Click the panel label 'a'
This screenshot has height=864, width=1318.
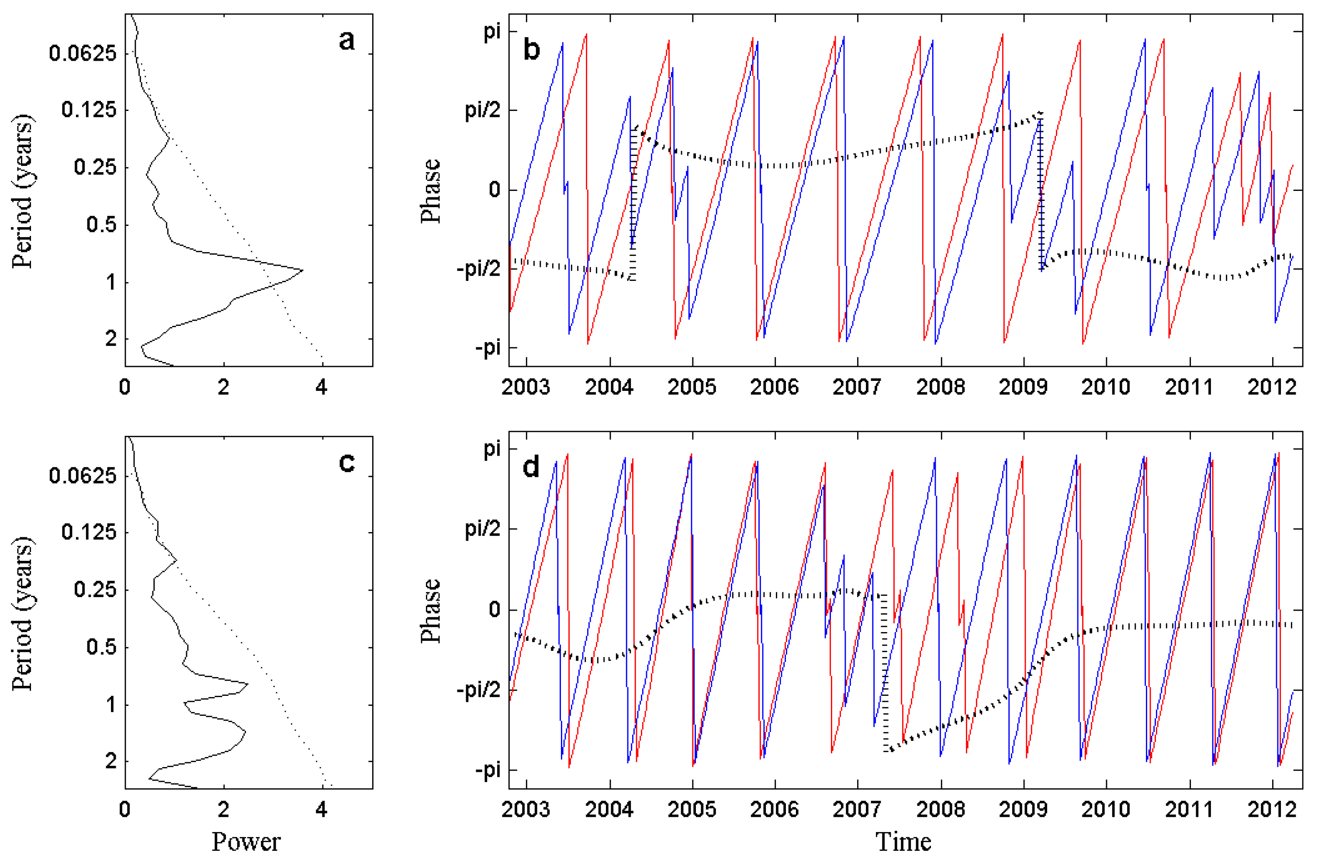(347, 41)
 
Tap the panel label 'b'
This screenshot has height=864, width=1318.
(531, 50)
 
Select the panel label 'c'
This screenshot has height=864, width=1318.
(347, 463)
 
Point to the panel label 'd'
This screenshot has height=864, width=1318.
(531, 468)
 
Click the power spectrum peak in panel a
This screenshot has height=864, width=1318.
(302, 270)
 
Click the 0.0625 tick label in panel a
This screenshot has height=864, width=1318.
(83, 54)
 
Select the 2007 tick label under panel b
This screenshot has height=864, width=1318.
(857, 387)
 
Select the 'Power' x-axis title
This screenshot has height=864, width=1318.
(246, 842)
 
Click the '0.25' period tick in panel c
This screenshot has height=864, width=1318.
(95, 590)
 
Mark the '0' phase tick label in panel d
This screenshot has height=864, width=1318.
(494, 610)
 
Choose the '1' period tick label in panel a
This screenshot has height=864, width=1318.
(111, 283)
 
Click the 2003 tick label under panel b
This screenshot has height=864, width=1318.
(526, 387)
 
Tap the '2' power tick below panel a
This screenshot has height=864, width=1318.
(223, 387)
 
